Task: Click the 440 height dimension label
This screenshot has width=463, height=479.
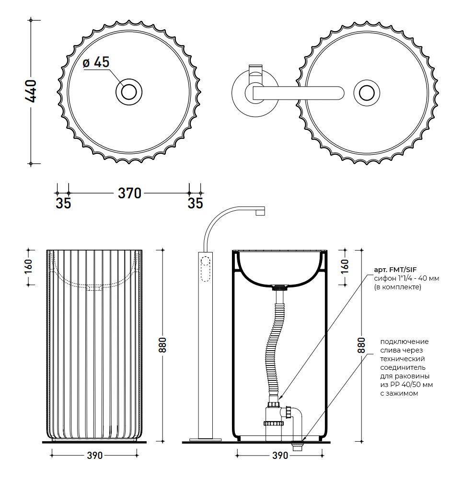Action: pos(30,91)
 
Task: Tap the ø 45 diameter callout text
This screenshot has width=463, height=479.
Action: pos(96,62)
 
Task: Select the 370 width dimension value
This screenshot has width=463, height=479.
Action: pos(129,193)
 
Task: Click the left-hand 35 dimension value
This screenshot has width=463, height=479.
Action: pos(63,203)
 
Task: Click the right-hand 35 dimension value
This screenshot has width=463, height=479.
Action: pos(195,203)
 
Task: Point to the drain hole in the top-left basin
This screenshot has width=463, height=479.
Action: pos(129,91)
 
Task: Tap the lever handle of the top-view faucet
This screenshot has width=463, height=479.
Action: pos(297,92)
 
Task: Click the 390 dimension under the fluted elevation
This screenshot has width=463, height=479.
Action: pos(95,456)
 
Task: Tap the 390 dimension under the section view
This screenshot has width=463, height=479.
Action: pos(280,456)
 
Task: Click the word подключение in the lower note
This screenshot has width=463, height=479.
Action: pos(404,342)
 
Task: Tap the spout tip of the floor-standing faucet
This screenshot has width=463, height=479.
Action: pos(260,211)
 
